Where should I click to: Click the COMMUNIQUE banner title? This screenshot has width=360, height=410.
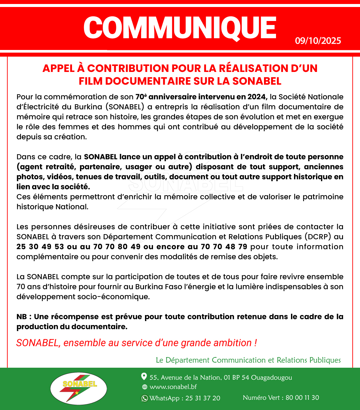coord(180,28)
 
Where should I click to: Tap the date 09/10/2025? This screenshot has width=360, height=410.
coord(318,41)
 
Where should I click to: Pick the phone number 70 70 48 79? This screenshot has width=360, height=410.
coord(224,247)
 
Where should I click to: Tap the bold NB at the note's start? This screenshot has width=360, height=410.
coord(22,317)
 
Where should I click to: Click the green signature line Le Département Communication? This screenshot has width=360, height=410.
coord(248,360)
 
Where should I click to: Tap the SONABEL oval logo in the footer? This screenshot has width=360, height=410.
coord(79,388)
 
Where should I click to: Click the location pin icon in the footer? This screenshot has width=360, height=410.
coord(144,377)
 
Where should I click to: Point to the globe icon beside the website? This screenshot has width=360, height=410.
coord(144,387)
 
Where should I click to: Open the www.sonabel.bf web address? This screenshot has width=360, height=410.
coord(173,387)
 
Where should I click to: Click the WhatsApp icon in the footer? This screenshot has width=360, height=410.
coord(145,398)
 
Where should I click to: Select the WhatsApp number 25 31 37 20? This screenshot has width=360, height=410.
coord(203,398)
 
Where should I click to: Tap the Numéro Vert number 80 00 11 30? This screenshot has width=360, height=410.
coord(302,398)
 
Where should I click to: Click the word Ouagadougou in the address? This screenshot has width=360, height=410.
coord(271,378)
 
